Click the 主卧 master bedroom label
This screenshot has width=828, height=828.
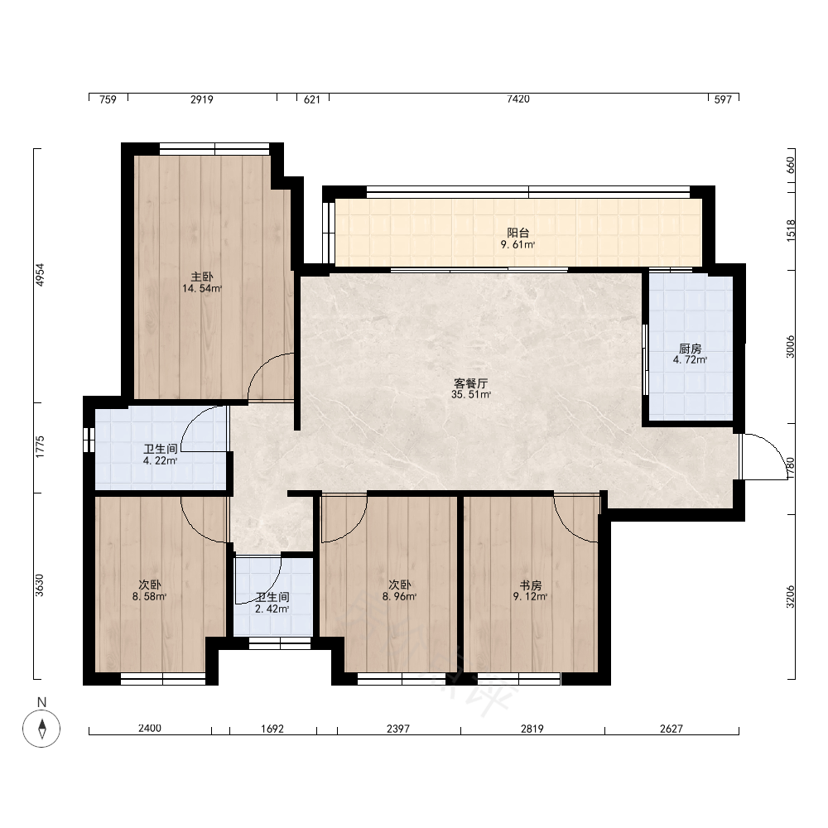(x=202, y=277)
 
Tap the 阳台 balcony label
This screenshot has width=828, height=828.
(x=518, y=233)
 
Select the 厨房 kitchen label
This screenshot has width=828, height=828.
(x=691, y=349)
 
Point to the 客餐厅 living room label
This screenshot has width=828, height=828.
(x=471, y=383)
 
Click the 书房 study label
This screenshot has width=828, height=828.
(x=531, y=585)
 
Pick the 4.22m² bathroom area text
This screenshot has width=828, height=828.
(x=161, y=461)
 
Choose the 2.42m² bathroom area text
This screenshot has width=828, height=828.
(x=272, y=609)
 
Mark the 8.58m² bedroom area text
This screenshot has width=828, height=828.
(x=150, y=597)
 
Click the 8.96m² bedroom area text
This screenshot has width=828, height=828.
(x=400, y=597)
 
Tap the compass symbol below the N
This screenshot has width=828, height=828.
(x=41, y=729)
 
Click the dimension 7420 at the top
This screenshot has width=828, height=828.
(x=518, y=99)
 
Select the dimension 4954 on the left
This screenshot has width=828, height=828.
(x=40, y=275)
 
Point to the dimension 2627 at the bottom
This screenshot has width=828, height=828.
(x=672, y=729)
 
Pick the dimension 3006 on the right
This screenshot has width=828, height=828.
(x=790, y=347)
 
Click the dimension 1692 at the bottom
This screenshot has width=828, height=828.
(x=272, y=729)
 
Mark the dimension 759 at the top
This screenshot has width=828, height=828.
(x=108, y=99)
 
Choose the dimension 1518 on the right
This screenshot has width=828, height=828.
(x=790, y=231)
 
